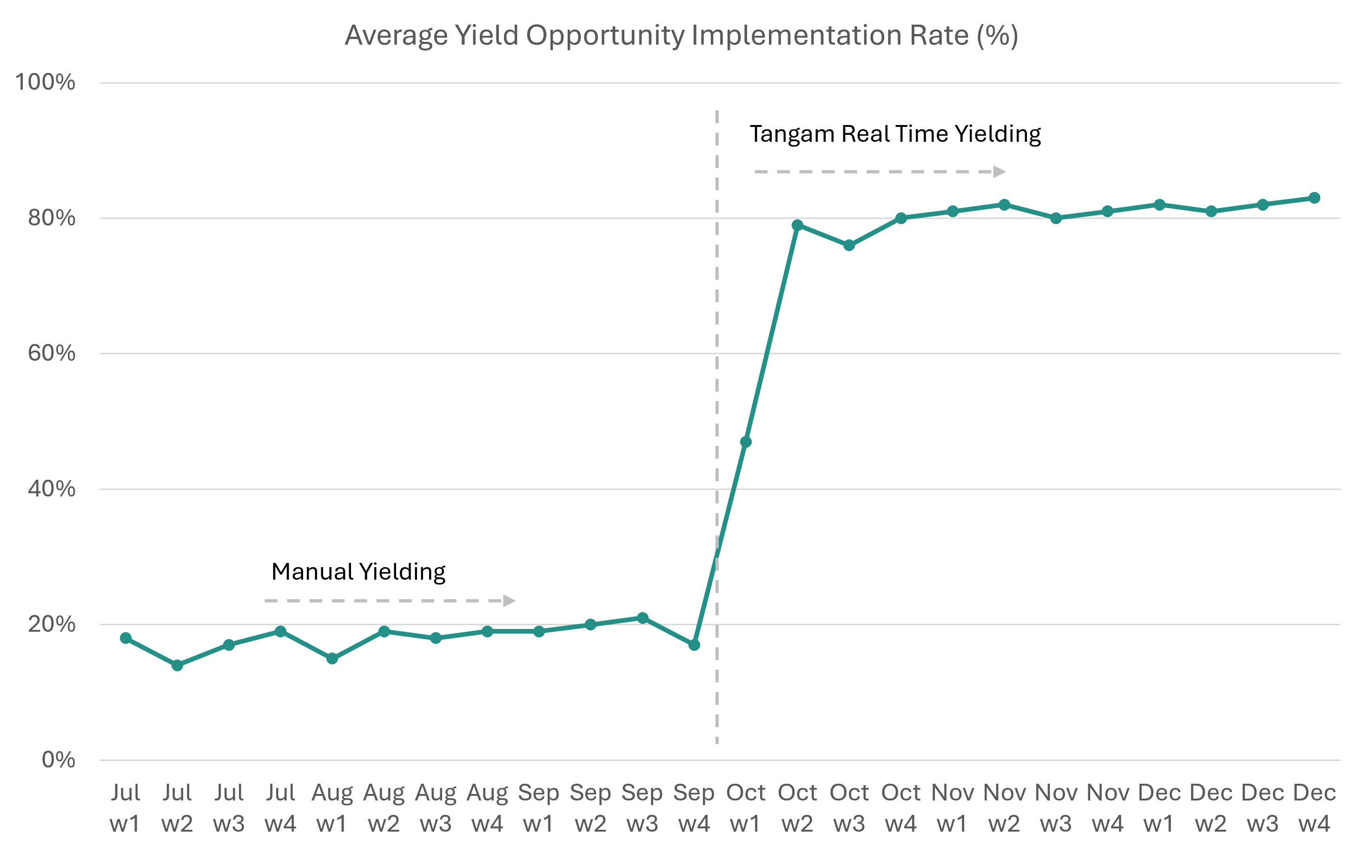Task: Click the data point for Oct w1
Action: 745,442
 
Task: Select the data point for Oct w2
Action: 797,225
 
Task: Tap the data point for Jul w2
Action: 177,666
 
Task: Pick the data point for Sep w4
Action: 694,645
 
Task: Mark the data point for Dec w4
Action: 1314,198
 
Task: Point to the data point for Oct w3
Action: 848,245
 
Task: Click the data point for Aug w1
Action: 332,658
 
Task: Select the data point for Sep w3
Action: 642,618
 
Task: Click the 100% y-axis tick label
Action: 45,82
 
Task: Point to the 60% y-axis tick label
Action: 51,354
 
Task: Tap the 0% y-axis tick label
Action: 58,760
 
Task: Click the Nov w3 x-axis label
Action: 1056,808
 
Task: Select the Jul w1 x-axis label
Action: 125,808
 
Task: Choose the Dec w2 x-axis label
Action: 1211,808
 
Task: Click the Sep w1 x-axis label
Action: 539,808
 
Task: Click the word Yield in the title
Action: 486,35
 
